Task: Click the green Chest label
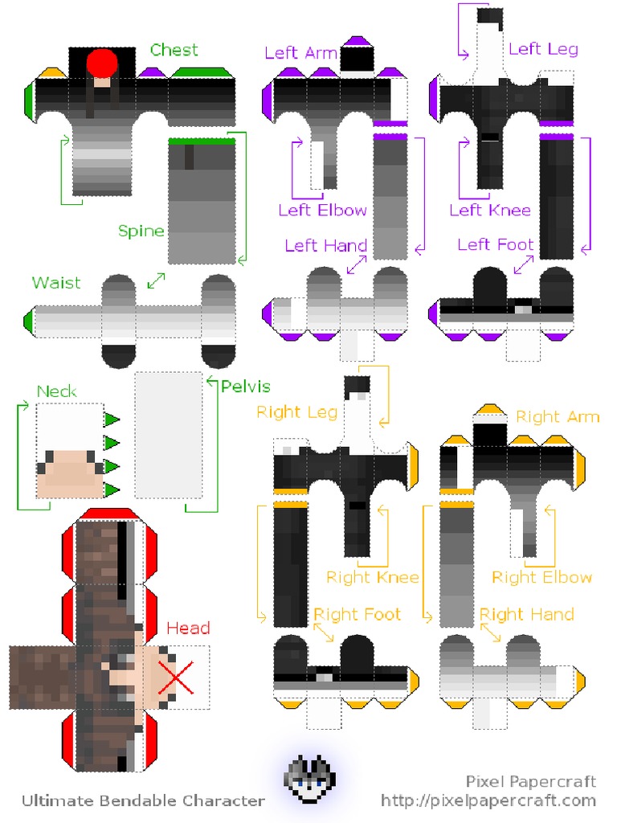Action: [x=174, y=50]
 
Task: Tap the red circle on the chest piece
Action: [x=102, y=62]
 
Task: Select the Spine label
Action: [x=141, y=231]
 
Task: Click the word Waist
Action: [x=56, y=283]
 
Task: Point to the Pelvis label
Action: [x=246, y=387]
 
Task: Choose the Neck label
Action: [x=57, y=391]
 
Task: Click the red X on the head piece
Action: [x=176, y=677]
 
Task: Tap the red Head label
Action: [x=188, y=628]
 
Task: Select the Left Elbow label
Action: [x=322, y=211]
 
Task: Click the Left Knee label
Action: [x=490, y=211]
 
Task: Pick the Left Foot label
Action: [x=495, y=244]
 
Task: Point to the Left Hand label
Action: [x=325, y=245]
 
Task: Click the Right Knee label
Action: [x=372, y=577]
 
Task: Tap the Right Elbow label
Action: [x=541, y=577]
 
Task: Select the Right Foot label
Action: [x=357, y=615]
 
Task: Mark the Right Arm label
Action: [x=558, y=416]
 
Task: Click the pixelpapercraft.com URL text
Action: [x=488, y=800]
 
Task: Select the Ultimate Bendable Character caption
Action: [x=143, y=800]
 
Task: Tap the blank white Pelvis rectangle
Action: [x=169, y=435]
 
